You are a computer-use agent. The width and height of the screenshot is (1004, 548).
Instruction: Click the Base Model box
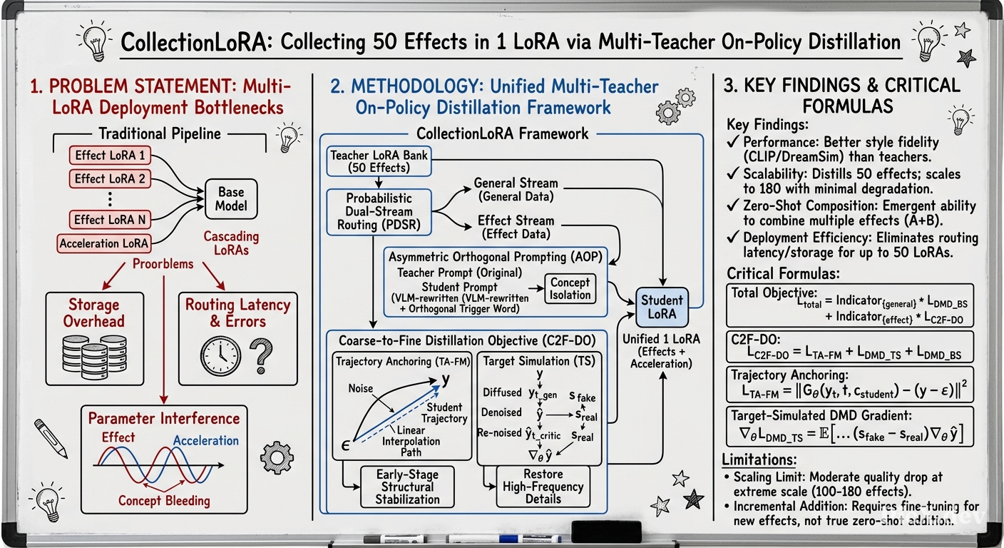tap(231, 199)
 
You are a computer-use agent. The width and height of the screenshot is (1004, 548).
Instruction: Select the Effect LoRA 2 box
tap(110, 179)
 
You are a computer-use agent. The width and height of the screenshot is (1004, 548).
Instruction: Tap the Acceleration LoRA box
tap(103, 243)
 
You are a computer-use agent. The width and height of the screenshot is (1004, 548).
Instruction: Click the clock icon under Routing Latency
tap(220, 356)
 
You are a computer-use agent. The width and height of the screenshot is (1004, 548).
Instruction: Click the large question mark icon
tap(261, 356)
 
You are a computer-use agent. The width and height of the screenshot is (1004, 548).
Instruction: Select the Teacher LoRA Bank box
tap(379, 161)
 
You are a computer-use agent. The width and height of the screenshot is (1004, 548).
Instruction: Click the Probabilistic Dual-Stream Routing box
tap(379, 212)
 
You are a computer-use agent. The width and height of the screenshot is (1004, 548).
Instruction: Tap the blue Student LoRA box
tap(662, 308)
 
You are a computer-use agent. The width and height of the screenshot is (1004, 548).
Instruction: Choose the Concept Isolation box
tap(570, 289)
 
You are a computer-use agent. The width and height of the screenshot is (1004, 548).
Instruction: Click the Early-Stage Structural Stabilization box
tap(407, 487)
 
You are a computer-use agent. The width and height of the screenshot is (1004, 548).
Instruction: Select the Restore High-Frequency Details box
tap(543, 487)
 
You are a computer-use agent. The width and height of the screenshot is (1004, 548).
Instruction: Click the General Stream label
tap(516, 183)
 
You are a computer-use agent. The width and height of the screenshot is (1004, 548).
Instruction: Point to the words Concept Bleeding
tap(164, 500)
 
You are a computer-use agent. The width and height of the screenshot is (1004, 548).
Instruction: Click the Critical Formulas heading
tap(783, 273)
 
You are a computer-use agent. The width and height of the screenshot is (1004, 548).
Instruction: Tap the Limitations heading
tap(759, 460)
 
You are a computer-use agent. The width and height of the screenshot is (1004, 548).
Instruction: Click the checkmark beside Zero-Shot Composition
tap(733, 205)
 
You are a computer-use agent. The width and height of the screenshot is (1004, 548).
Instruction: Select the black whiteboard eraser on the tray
tap(606, 532)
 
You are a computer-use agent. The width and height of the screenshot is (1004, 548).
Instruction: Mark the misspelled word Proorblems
tap(163, 264)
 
